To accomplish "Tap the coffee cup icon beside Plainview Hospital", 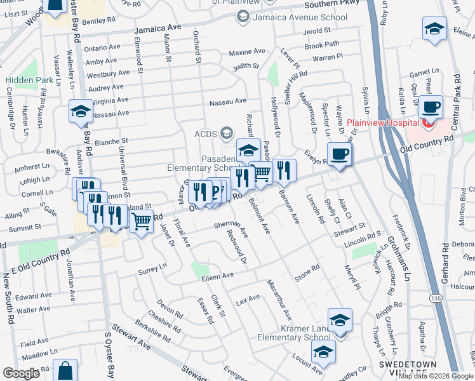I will pyautogui.click(x=431, y=107).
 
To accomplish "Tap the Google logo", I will pyautogui.click(x=22, y=373).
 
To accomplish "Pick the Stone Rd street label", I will pyautogui.click(x=306, y=273).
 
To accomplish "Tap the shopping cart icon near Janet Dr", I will pyautogui.click(x=142, y=222).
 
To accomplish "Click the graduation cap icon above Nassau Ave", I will pyautogui.click(x=81, y=111).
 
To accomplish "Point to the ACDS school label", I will pyautogui.click(x=205, y=133).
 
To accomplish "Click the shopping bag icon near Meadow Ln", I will pyautogui.click(x=65, y=370).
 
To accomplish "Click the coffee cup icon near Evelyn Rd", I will pyautogui.click(x=340, y=153).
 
